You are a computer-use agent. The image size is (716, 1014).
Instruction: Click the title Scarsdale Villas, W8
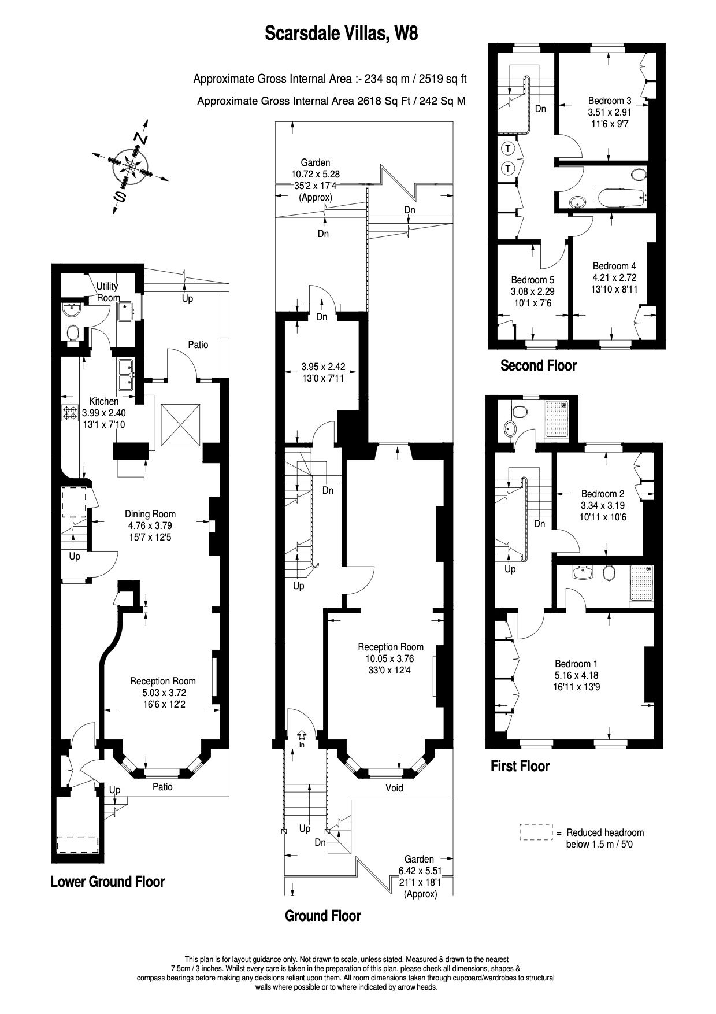coord(341,34)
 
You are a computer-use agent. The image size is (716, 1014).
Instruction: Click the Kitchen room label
coord(103,401)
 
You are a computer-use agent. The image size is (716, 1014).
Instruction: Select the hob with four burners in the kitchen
coord(70,413)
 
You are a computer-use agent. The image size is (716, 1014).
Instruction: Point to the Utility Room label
coord(107,292)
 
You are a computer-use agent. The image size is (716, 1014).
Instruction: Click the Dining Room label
coord(150,514)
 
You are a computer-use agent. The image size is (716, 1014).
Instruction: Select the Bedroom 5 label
coord(532,280)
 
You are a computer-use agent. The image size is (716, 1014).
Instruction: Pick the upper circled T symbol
coord(508,149)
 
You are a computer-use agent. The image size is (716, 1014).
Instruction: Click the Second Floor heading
coord(538,365)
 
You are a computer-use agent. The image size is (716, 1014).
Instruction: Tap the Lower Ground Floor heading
coord(107,882)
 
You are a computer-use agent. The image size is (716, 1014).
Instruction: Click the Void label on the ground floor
coord(394,788)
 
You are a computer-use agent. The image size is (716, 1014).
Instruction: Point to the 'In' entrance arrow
coord(301,735)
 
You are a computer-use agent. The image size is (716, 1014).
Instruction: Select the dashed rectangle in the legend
coord(536,832)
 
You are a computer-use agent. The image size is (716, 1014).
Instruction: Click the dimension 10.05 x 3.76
coord(390,658)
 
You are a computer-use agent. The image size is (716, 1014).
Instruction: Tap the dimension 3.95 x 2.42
coord(323,367)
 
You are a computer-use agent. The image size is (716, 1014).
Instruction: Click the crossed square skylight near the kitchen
coord(181,425)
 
